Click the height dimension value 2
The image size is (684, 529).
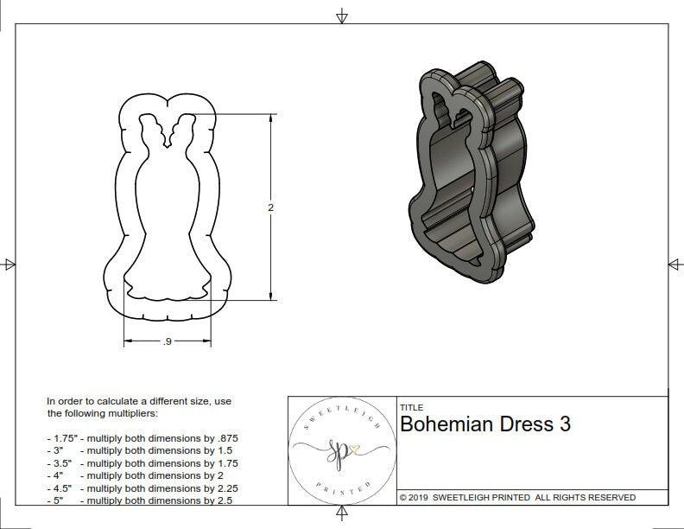tap(270, 207)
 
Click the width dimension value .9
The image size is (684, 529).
tap(167, 342)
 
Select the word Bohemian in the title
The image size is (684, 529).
tap(446, 424)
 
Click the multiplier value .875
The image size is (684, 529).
tap(225, 438)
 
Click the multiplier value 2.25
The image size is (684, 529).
tap(223, 488)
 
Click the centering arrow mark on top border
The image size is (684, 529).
tap(342, 16)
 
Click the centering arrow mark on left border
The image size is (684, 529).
tap(9, 264)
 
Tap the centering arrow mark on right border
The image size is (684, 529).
tap(674, 264)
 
